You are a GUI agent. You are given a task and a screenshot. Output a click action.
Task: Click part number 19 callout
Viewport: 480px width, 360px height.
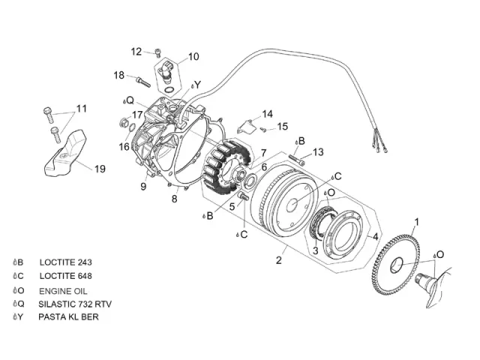(100, 169)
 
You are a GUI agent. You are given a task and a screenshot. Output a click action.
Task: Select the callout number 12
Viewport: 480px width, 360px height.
(136, 52)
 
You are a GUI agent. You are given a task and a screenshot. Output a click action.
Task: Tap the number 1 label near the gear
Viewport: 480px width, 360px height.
(418, 221)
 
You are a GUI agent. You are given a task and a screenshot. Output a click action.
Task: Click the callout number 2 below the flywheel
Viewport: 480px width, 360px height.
(279, 260)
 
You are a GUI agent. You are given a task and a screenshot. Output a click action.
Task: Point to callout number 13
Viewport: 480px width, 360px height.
(318, 152)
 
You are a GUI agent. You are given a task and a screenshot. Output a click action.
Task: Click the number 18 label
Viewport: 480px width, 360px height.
(119, 75)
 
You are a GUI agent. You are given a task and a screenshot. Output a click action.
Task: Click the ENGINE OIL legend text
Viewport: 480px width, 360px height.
(64, 290)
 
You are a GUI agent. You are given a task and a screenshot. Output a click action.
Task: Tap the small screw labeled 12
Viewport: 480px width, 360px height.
(157, 52)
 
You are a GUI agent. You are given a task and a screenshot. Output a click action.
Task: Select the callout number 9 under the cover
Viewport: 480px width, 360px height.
(142, 186)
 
